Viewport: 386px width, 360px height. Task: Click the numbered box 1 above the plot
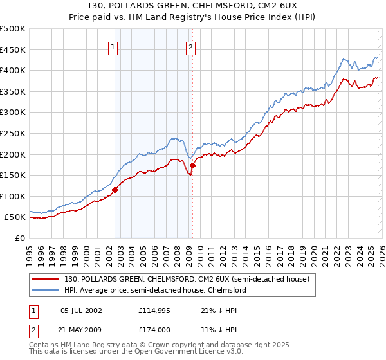(x=113, y=46)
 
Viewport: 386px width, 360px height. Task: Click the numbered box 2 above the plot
(x=191, y=46)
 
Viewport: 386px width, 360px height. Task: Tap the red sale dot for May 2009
(x=192, y=165)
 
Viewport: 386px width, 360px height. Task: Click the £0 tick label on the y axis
(x=21, y=238)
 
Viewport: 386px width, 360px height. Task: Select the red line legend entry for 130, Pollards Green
(x=187, y=279)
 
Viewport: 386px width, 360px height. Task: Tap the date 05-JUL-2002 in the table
(x=81, y=310)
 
